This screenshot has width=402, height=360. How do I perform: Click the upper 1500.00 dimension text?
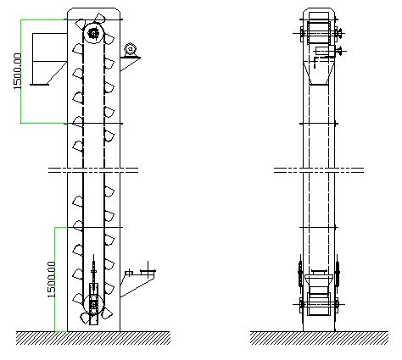click(18, 71)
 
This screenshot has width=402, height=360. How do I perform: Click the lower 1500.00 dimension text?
click(51, 280)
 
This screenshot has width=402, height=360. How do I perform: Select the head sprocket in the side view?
click(93, 33)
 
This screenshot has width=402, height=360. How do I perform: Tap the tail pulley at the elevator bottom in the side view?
click(93, 305)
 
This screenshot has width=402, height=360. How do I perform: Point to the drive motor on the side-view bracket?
click(131, 50)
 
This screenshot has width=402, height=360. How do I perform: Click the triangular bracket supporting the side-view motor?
click(130, 64)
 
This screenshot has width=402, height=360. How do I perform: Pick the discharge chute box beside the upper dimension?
click(49, 58)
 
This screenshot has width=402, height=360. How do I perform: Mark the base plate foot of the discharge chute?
click(40, 85)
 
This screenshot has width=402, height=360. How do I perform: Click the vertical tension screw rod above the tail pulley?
click(93, 269)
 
